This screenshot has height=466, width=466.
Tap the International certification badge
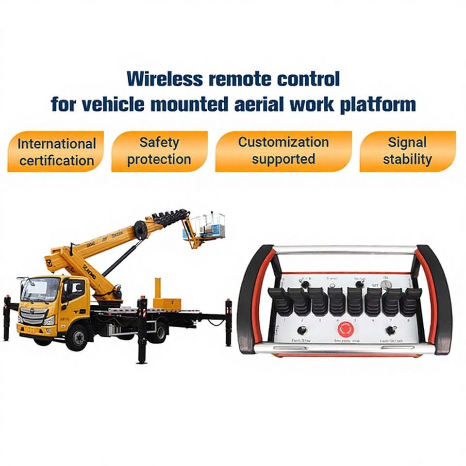(x=56, y=151)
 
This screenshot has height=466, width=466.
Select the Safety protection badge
(x=159, y=151)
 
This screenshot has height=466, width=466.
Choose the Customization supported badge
(x=283, y=151)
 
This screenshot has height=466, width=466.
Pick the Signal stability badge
(x=407, y=151)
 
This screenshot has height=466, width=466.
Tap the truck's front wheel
(x=77, y=336)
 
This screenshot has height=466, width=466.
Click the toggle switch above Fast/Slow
(x=301, y=330)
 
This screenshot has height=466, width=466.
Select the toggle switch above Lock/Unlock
(x=390, y=330)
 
